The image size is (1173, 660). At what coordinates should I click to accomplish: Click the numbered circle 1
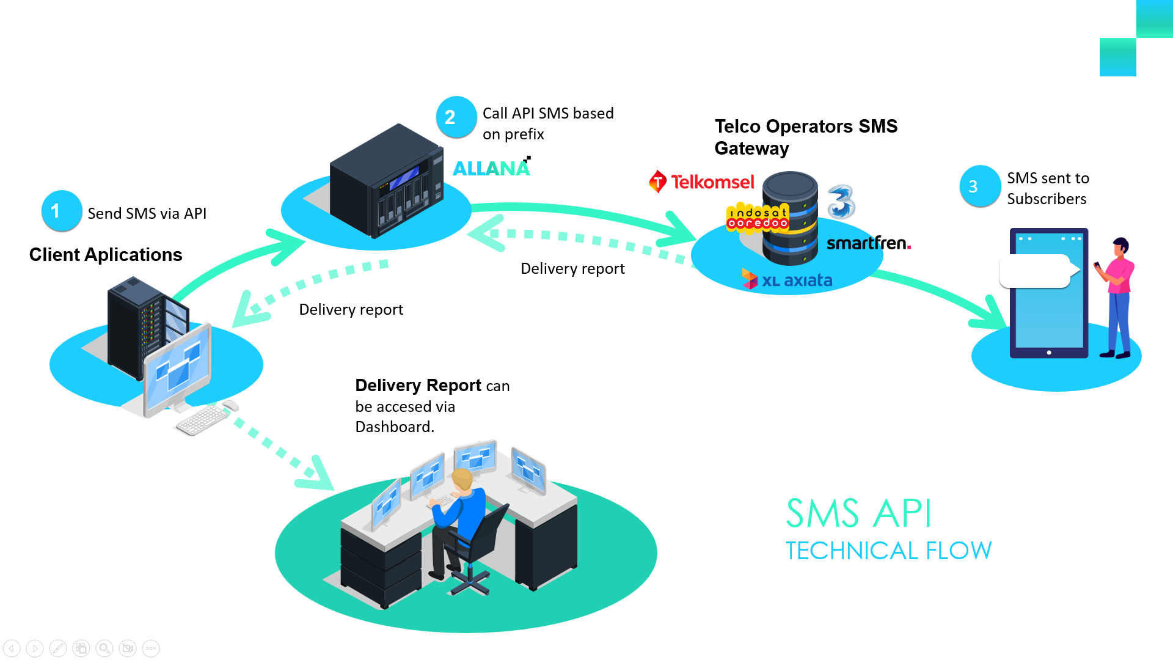pos(61,211)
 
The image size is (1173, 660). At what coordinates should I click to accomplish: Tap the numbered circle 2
pos(456,117)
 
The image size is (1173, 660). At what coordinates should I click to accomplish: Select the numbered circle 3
pos(979,186)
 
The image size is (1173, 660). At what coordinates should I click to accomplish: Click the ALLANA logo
pos(491,168)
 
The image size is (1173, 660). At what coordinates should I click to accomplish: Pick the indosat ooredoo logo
pos(757,218)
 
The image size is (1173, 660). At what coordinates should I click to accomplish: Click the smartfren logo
pos(868,243)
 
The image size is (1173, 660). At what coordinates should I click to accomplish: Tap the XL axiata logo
pos(787,280)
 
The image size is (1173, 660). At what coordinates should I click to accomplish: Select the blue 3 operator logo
pos(841,202)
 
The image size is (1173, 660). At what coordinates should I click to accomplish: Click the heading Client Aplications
pos(106,255)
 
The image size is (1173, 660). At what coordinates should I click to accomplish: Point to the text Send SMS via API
pos(147,213)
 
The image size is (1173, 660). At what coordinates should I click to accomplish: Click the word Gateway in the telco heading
pos(751,148)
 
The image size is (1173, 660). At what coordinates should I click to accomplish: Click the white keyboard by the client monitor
pos(201,420)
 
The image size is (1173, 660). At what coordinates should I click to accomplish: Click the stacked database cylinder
pos(790,218)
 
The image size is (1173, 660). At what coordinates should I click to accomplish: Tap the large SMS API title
pos(858,513)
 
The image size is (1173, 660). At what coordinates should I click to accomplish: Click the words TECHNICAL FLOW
pos(888,551)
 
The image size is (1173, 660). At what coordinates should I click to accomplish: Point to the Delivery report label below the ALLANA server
pos(572,269)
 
